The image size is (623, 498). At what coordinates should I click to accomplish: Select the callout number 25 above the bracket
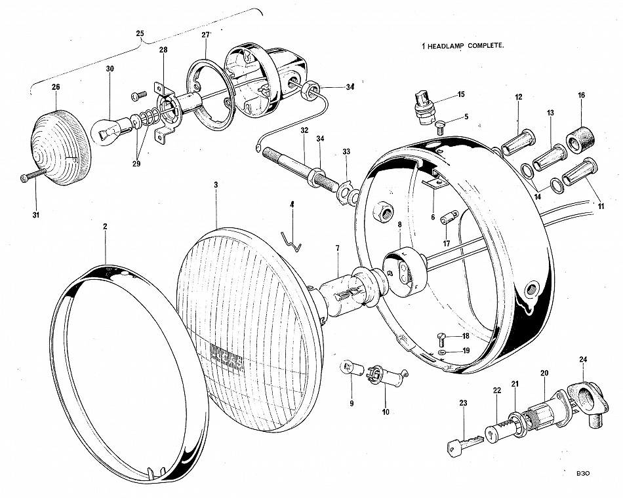140,33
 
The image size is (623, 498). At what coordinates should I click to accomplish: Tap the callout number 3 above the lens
216,186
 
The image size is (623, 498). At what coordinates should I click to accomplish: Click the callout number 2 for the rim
105,226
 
